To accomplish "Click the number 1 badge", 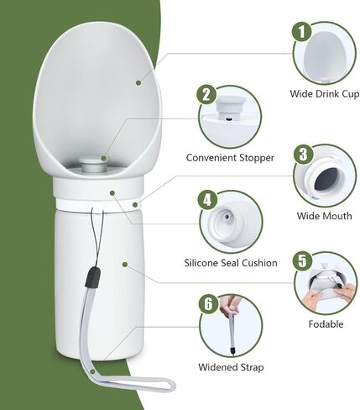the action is [302, 32].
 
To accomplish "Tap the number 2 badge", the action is [206, 94].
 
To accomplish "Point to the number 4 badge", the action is [207, 200].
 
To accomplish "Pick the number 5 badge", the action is [303, 261].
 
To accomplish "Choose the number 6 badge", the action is [208, 304].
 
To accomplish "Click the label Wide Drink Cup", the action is [325, 94].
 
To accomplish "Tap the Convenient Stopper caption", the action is [230, 158].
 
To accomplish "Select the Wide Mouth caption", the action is [325, 216].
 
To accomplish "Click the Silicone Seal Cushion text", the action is [231, 263].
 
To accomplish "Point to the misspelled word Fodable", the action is [326, 324].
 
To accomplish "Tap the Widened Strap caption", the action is [231, 367].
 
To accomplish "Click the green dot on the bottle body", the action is [125, 265].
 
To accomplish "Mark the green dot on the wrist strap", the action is [92, 372].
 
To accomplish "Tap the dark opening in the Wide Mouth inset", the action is [326, 179].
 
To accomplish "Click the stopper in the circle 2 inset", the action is [230, 107].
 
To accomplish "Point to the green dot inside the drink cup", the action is [138, 82].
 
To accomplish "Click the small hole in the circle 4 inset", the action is [227, 216].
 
